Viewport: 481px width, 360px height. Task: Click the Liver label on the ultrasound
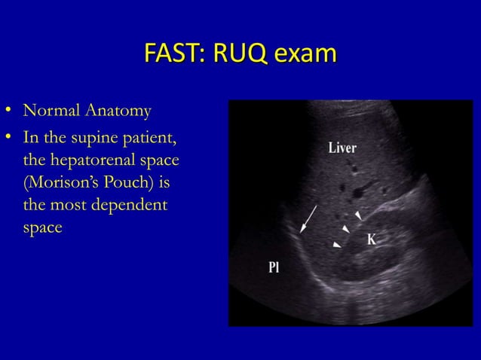click(342, 147)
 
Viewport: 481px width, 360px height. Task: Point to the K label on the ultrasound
click(371, 239)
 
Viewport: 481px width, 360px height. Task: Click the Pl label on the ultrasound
click(274, 267)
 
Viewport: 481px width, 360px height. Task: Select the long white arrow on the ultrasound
click(308, 219)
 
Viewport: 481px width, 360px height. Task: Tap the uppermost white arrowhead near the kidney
click(358, 215)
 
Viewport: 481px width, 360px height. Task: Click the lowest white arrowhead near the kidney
click(336, 244)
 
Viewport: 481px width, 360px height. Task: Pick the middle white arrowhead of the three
click(345, 228)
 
